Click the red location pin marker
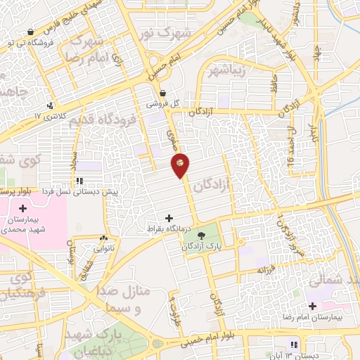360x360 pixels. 180,164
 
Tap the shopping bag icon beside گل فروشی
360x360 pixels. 163,92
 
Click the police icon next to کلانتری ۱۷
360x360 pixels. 49,106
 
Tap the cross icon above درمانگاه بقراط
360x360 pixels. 167,219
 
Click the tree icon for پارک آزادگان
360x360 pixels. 202,236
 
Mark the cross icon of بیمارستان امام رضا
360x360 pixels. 312,306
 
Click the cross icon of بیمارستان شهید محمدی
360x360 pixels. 23,208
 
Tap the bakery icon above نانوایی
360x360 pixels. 104,238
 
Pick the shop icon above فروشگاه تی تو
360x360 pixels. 30,32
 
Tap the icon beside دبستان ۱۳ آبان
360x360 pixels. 292,344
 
